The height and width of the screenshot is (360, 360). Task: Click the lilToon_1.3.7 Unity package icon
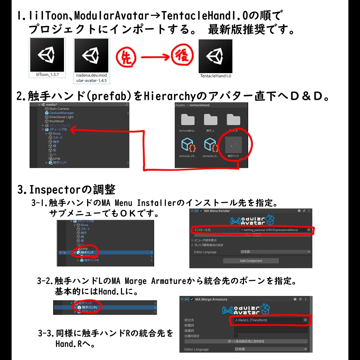pyautogui.click(x=47, y=55)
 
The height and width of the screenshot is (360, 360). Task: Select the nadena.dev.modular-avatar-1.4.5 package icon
pyautogui.click(x=92, y=55)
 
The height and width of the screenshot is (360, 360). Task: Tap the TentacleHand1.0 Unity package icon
pyautogui.click(x=215, y=56)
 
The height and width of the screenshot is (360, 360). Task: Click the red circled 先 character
pyautogui.click(x=126, y=57)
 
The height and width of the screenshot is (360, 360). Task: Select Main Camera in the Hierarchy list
pyautogui.click(x=59, y=109)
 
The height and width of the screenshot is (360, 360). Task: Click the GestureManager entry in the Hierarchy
pyautogui.click(x=62, y=113)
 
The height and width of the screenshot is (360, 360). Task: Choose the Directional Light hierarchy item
pyautogui.click(x=61, y=117)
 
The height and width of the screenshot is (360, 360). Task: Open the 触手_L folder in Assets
pyautogui.click(x=210, y=121)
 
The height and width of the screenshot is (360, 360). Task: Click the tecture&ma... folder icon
pyautogui.click(x=188, y=121)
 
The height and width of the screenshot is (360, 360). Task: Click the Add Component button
pyautogui.click(x=251, y=261)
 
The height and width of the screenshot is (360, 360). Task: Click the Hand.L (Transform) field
pyautogui.click(x=269, y=320)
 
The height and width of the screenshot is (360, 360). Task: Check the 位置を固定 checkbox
pyautogui.click(x=236, y=336)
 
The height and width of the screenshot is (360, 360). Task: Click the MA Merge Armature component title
pyautogui.click(x=211, y=299)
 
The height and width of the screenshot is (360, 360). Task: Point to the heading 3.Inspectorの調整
pyautogui.click(x=66, y=190)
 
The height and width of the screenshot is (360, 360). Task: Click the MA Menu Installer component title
pyautogui.click(x=217, y=211)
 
